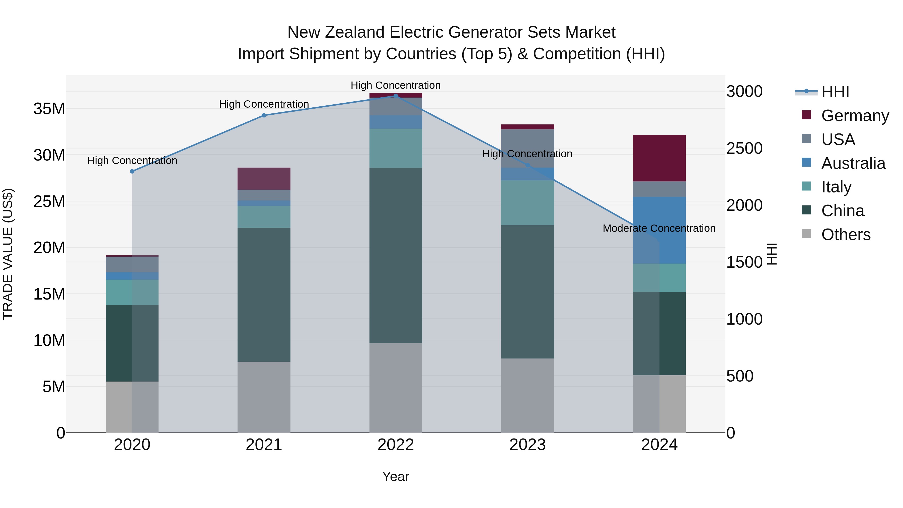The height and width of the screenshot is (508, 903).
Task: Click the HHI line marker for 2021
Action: pyautogui.click(x=264, y=115)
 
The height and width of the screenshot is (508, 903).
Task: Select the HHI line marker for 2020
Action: pyautogui.click(x=132, y=171)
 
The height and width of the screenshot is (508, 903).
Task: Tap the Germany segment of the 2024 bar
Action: pyautogui.click(x=659, y=158)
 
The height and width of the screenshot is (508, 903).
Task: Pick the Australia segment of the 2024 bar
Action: pyautogui.click(x=659, y=230)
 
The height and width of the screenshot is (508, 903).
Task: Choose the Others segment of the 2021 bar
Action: pyautogui.click(x=264, y=397)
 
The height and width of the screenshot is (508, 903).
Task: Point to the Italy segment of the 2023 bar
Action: pyautogui.click(x=528, y=203)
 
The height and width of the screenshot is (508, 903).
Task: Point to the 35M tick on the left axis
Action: pyautogui.click(x=49, y=109)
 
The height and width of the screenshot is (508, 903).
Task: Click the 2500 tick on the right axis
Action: pyautogui.click(x=744, y=148)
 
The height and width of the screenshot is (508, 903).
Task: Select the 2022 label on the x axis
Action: pyautogui.click(x=396, y=445)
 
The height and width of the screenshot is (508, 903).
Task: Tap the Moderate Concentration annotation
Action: pyautogui.click(x=659, y=228)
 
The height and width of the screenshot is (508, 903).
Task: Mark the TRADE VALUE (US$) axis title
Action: pyautogui.click(x=8, y=254)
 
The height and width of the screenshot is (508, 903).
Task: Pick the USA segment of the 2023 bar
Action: pyautogui.click(x=528, y=148)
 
